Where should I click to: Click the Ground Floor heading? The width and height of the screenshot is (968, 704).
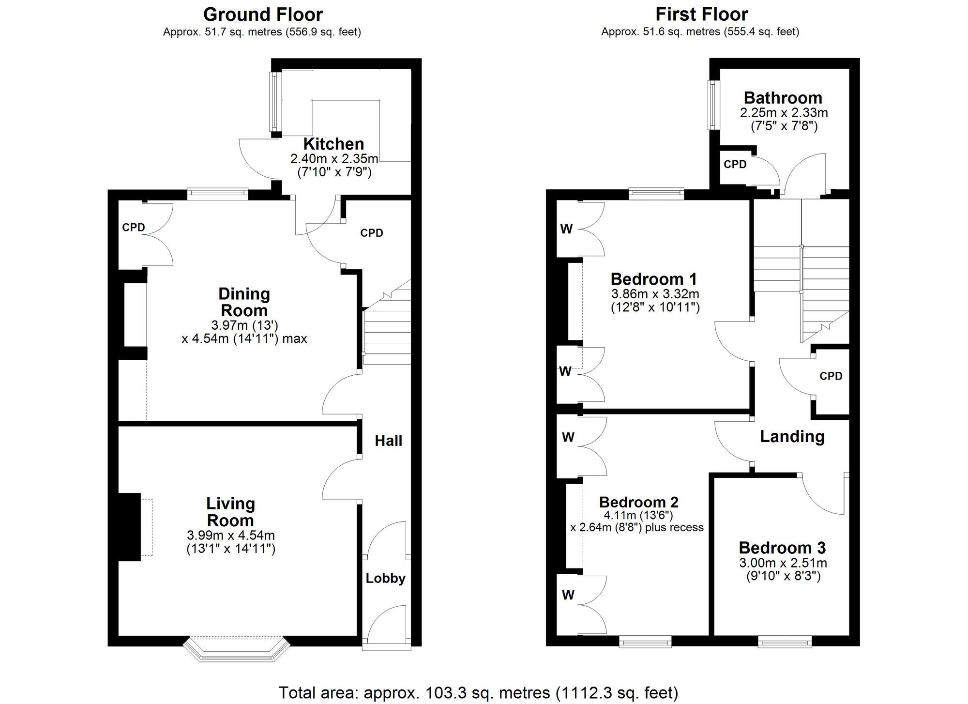click(263, 15)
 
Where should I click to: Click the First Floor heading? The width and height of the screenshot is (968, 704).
click(701, 15)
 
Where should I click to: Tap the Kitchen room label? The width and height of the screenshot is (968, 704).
click(333, 144)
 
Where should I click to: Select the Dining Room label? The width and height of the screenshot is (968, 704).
click(244, 302)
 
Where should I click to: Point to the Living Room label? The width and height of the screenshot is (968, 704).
click(230, 512)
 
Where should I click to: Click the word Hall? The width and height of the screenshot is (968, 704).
click(388, 441)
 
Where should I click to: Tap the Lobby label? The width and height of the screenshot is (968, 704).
click(385, 578)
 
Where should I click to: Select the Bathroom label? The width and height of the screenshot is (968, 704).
click(783, 98)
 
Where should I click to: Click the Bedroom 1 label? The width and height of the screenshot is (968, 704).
click(653, 279)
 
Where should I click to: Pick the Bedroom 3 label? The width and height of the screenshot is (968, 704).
click(782, 548)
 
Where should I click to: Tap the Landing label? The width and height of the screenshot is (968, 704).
click(792, 436)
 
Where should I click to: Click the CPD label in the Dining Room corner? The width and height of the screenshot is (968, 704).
click(134, 227)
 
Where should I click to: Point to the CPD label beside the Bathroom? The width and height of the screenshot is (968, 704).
click(735, 165)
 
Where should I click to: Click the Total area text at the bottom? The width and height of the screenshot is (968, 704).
click(478, 692)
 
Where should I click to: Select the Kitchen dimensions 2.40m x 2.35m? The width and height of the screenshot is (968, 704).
click(334, 158)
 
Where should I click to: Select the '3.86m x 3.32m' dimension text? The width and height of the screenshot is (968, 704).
click(655, 294)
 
